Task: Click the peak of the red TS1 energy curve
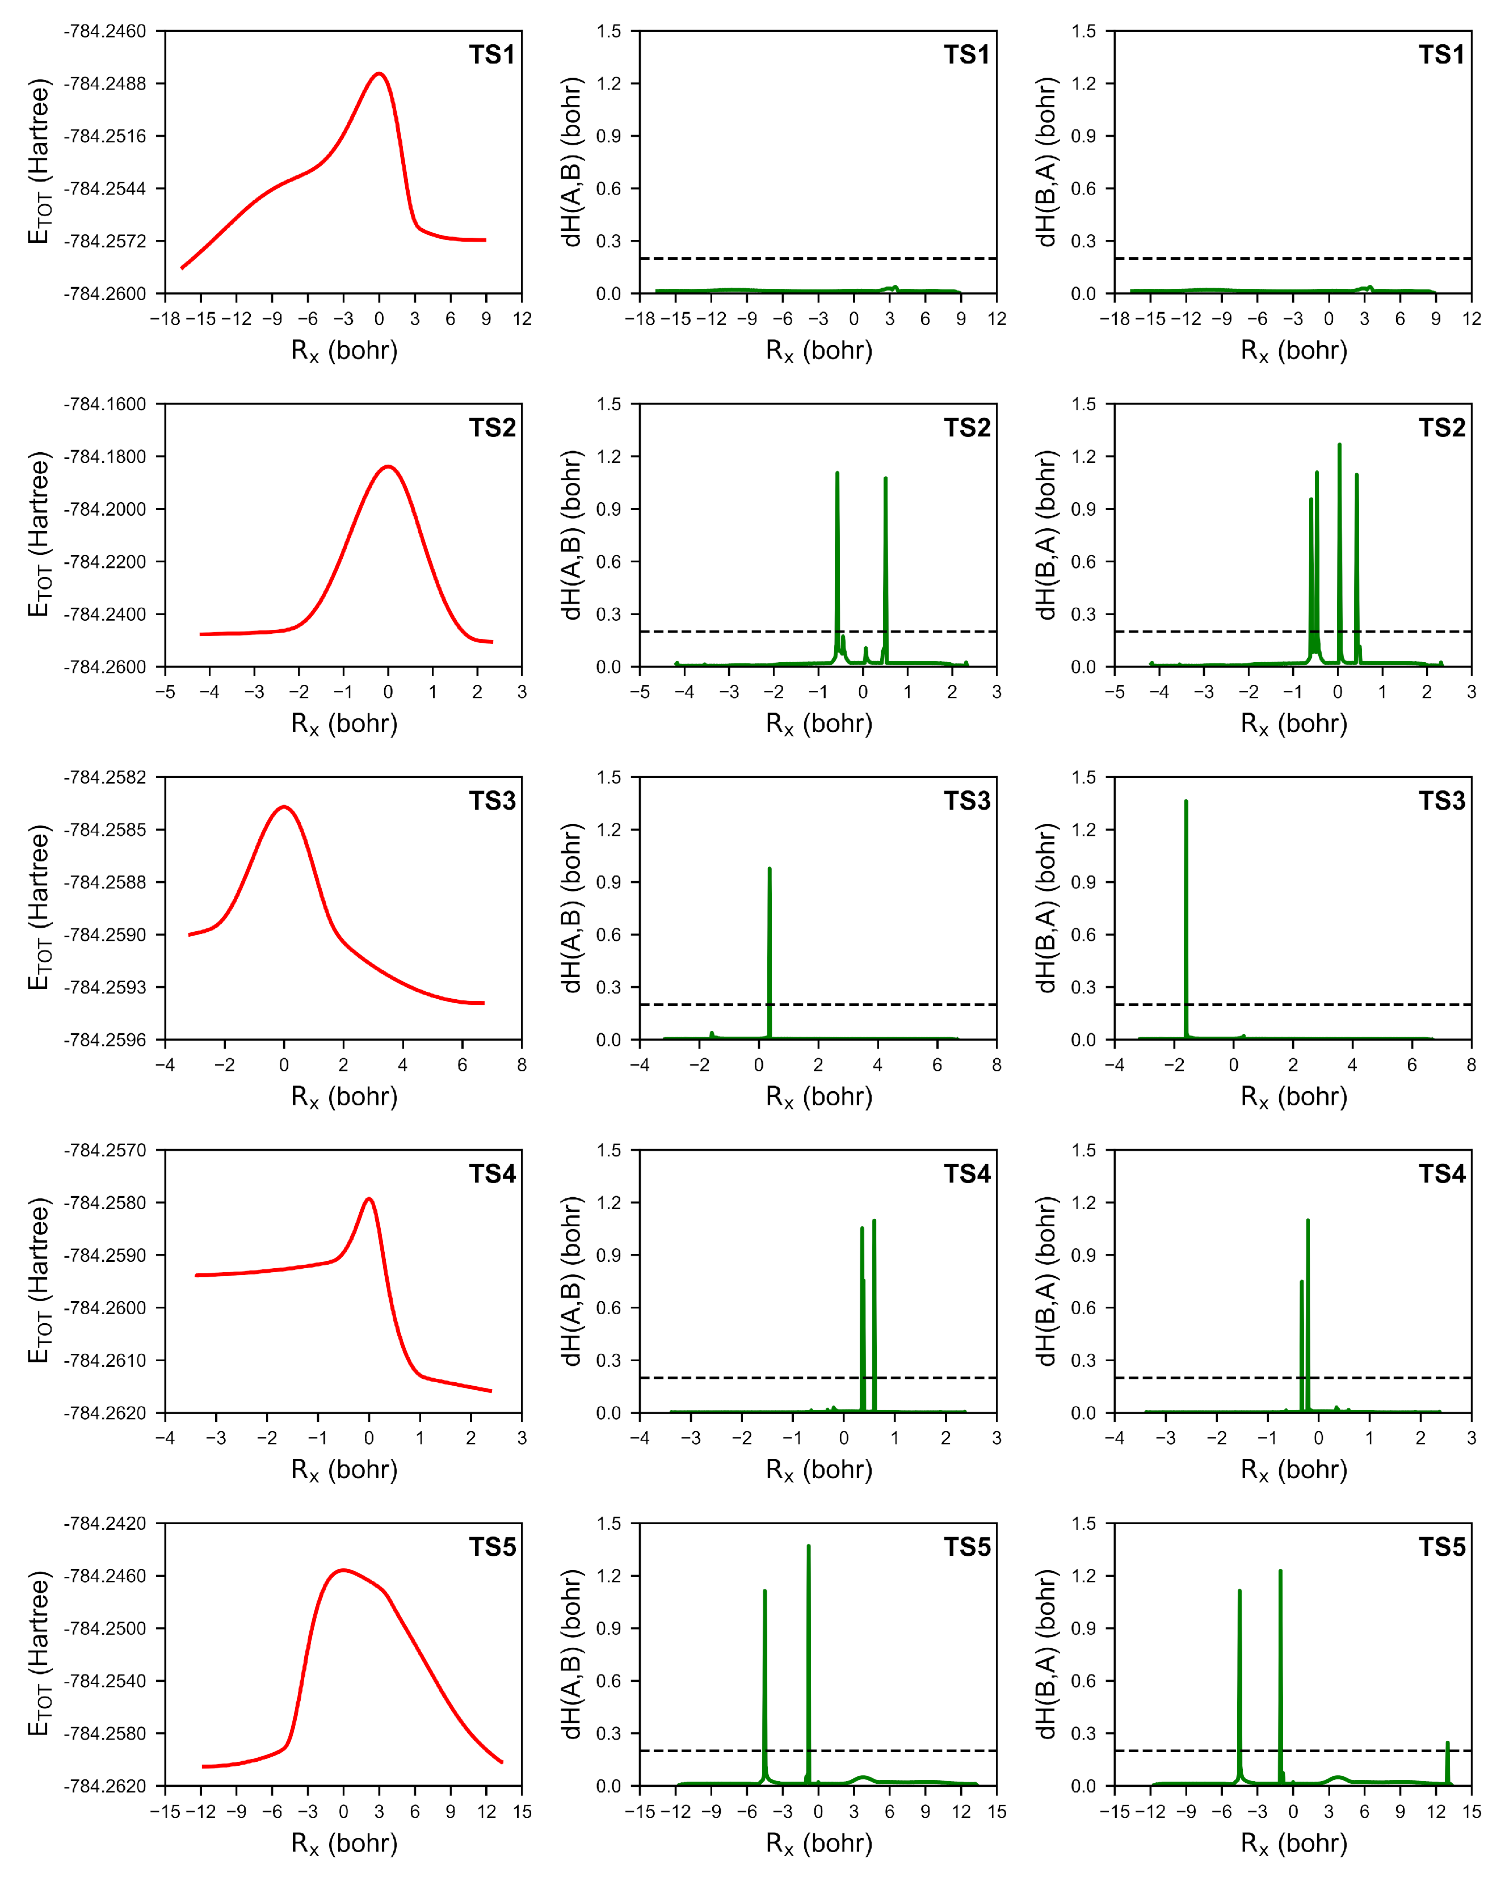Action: [x=379, y=74]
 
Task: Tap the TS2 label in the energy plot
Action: [x=492, y=427]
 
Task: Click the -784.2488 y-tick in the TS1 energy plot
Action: [x=104, y=83]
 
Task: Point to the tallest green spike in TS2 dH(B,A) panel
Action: [x=1339, y=446]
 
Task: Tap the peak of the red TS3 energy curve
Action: [x=284, y=807]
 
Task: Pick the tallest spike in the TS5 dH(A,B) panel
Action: [x=808, y=1547]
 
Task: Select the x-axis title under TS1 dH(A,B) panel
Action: [x=819, y=351]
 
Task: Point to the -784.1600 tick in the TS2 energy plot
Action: [x=104, y=404]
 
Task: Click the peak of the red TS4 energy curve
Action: [x=369, y=1199]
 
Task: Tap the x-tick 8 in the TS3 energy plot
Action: [x=522, y=1064]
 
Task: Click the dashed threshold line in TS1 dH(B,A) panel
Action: [x=1293, y=259]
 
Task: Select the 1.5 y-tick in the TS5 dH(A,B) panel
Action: [x=609, y=1524]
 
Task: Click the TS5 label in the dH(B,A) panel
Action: [x=1441, y=1547]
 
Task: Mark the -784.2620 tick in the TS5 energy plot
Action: [x=104, y=1786]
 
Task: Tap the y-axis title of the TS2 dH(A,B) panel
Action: [x=571, y=535]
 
